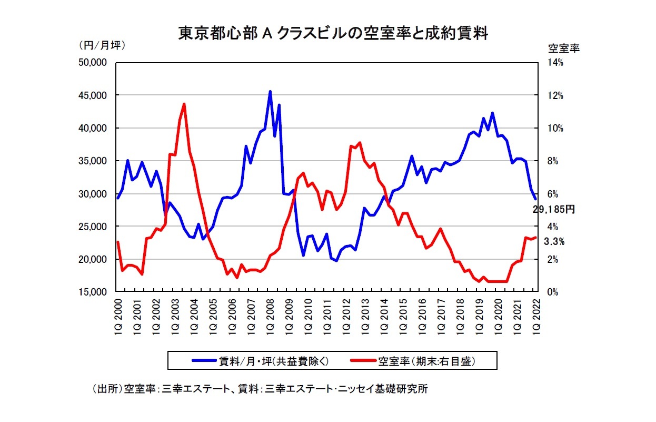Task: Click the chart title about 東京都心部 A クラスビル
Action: point(333,34)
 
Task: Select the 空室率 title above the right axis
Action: point(563,48)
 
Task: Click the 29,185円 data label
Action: point(553,210)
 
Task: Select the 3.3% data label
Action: point(554,242)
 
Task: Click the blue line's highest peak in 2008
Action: point(270,92)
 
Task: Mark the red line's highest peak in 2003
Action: point(184,104)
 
